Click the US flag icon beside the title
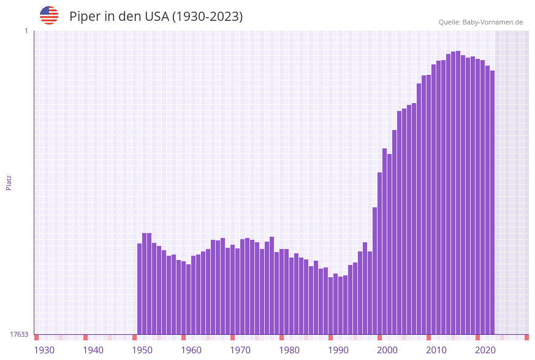[x=49, y=15]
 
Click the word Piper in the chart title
[x=85, y=17]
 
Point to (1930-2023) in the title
[x=207, y=17]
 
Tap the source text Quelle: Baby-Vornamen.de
[x=480, y=22]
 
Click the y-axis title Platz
[x=9, y=182]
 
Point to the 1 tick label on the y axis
[x=26, y=31]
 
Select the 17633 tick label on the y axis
[x=18, y=334]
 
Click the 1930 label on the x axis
[x=44, y=350]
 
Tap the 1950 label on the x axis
[x=142, y=350]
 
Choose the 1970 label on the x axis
[x=240, y=350]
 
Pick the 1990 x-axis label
[x=338, y=350]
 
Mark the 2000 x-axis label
[x=387, y=350]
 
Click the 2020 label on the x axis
[x=485, y=350]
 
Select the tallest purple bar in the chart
[x=458, y=193]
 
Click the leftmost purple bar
[x=139, y=289]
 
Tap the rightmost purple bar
[x=492, y=202]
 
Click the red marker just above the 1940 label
[x=85, y=337]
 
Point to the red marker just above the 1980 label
[x=281, y=337]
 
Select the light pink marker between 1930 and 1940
[x=61, y=337]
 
